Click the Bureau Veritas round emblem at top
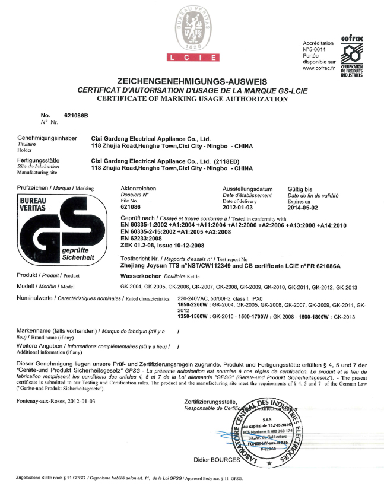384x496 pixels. coord(192,27)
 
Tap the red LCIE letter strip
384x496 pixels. coord(192,58)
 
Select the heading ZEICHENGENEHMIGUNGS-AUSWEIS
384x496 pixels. coord(192,81)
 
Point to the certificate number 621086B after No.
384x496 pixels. coord(75,115)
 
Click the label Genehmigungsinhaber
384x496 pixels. coord(47,138)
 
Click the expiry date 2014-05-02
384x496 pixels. coord(302,207)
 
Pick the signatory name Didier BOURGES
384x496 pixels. coord(215,459)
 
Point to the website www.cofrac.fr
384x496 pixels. coord(320,68)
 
